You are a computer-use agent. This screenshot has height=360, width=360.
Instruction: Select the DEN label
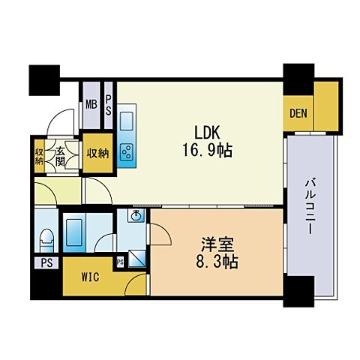pos(297,114)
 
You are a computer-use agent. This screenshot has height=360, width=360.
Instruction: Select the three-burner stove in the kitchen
pos(126,151)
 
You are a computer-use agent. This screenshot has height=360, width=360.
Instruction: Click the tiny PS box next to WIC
pos(119,262)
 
